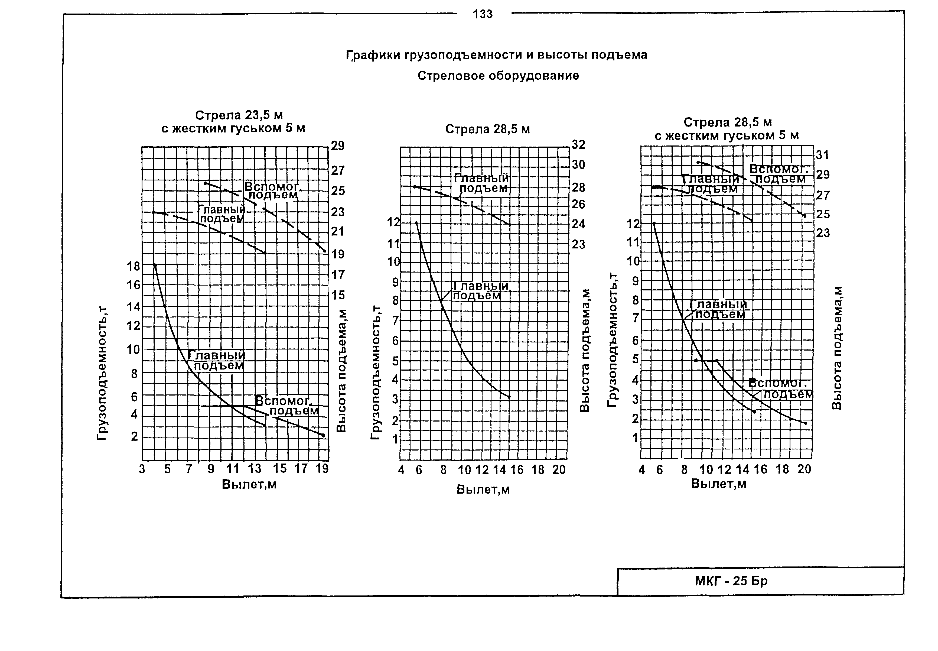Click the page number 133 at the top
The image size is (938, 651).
[483, 14]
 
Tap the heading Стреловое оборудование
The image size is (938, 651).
[498, 76]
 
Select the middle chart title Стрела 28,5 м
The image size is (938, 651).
[487, 129]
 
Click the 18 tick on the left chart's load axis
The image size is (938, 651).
[133, 266]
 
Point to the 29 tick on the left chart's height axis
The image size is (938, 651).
[337, 146]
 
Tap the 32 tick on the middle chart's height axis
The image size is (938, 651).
[578, 144]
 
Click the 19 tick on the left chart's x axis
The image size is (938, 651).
[322, 469]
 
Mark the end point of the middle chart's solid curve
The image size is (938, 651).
[509, 397]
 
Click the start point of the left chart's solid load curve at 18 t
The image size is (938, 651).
[155, 265]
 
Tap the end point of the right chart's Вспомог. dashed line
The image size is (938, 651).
[805, 216]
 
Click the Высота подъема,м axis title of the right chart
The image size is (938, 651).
[836, 348]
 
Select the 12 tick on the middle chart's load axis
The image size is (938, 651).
[394, 223]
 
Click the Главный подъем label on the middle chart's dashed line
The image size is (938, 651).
[482, 183]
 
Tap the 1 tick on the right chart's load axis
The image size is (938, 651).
[635, 438]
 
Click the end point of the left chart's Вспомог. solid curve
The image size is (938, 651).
[323, 436]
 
